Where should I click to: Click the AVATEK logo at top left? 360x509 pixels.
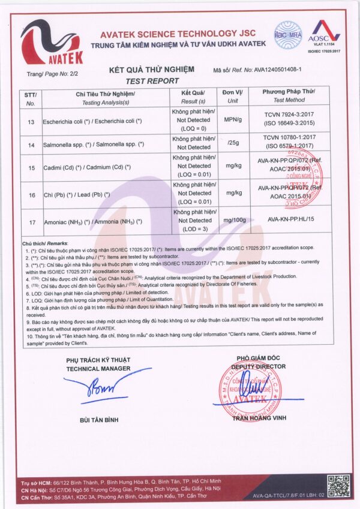pyautogui.click(x=52, y=42)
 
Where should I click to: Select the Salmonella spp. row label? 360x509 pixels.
pyautogui.click(x=94, y=144)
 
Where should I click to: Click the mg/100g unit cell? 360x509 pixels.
pyautogui.click(x=235, y=221)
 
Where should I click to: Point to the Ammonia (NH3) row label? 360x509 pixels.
pyautogui.click(x=93, y=222)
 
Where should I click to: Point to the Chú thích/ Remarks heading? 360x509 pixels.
pyautogui.click(x=46, y=245)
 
